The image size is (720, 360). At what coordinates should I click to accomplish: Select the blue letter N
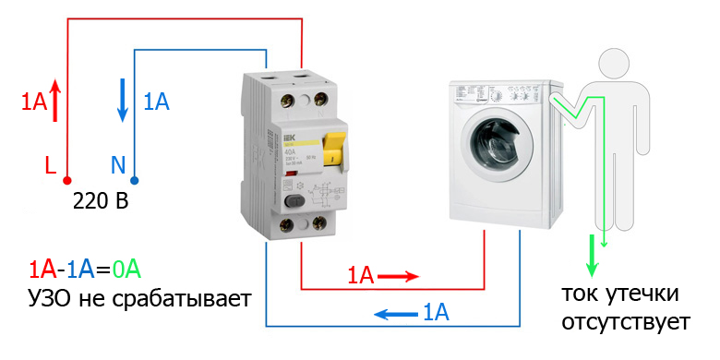click(x=117, y=165)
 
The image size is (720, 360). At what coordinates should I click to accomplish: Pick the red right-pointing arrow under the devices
click(x=398, y=275)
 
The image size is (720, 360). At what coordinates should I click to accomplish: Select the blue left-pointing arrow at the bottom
click(x=393, y=314)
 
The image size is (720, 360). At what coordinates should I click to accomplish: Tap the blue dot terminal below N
click(x=133, y=180)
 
